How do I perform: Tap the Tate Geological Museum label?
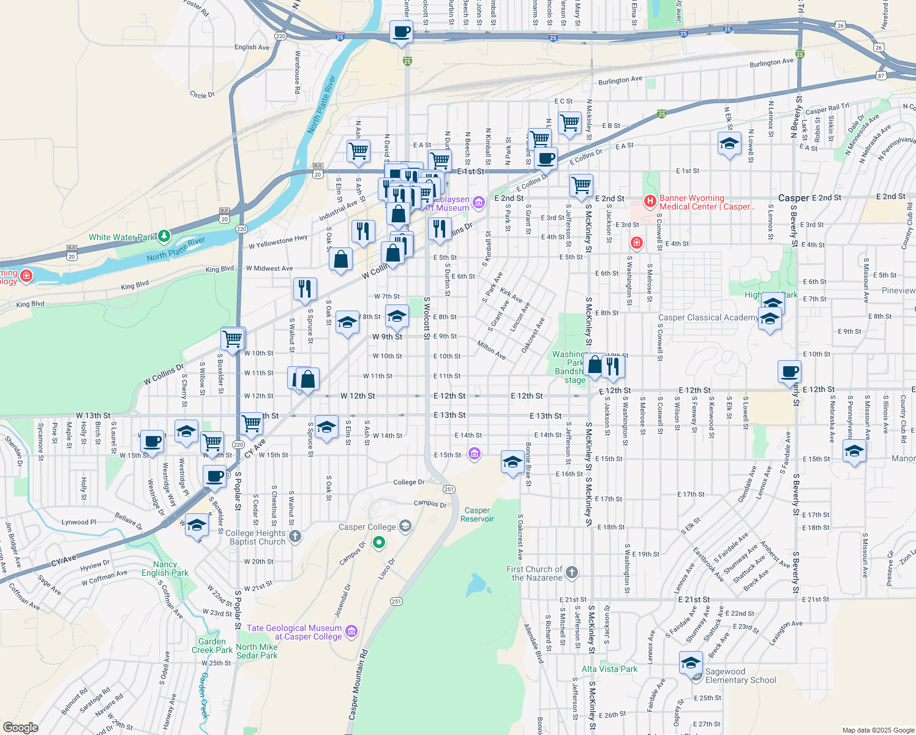pyautogui.click(x=295, y=632)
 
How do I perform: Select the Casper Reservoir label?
pyautogui.click(x=477, y=514)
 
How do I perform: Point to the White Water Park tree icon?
pyautogui.click(x=163, y=236)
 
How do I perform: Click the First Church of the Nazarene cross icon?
pyautogui.click(x=571, y=573)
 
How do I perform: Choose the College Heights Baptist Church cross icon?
pyautogui.click(x=295, y=537)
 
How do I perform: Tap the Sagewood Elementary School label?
pyautogui.click(x=740, y=676)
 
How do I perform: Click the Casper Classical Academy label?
pyautogui.click(x=708, y=317)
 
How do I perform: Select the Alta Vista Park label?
pyautogui.click(x=609, y=669)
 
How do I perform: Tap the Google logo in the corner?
pyautogui.click(x=20, y=727)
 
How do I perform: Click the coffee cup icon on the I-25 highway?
pyautogui.click(x=401, y=31)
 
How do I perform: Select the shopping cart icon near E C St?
pyautogui.click(x=569, y=122)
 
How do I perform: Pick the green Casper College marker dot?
pyautogui.click(x=379, y=541)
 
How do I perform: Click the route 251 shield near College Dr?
pyautogui.click(x=449, y=489)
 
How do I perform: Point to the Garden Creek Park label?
pyautogui.click(x=212, y=646)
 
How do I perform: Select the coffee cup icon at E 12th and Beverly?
pyautogui.click(x=789, y=371)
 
